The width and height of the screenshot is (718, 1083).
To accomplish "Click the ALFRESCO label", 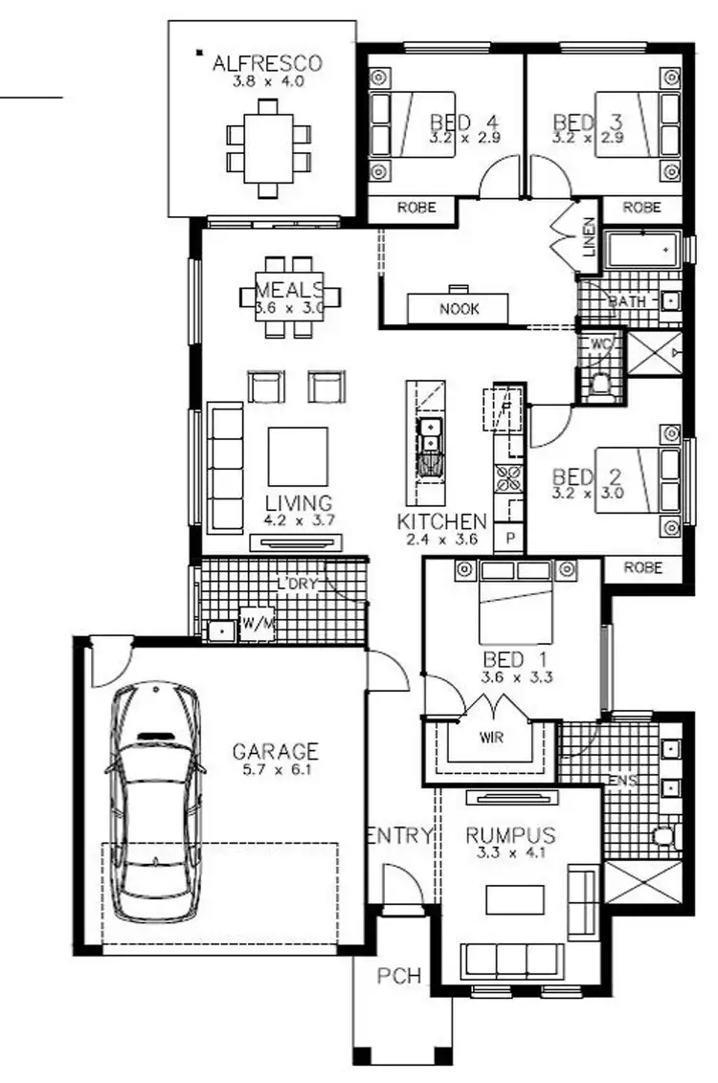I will click(267, 64).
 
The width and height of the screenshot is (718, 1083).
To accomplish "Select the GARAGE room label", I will click(276, 751).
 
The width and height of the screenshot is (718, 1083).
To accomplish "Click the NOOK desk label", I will click(460, 309).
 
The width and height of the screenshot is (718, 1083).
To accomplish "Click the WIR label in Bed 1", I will click(492, 738).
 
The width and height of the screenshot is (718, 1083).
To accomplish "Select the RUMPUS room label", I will click(509, 834).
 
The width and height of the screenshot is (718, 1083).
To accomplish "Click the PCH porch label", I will click(397, 977).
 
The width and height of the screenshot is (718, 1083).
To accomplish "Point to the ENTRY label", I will click(400, 835).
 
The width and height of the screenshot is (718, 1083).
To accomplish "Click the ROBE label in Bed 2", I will click(642, 567).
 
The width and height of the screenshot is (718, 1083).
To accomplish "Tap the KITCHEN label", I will click(442, 522).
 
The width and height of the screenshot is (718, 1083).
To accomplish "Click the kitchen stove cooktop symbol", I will click(506, 475).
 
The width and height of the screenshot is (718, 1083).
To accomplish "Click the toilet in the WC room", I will click(601, 383).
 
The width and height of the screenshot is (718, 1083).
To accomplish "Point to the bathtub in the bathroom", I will click(644, 252).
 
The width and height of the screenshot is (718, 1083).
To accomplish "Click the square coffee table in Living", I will click(298, 456).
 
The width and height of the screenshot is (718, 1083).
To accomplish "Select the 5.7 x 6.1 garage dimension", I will click(276, 767).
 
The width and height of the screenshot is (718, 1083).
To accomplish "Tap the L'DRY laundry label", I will click(297, 584).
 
